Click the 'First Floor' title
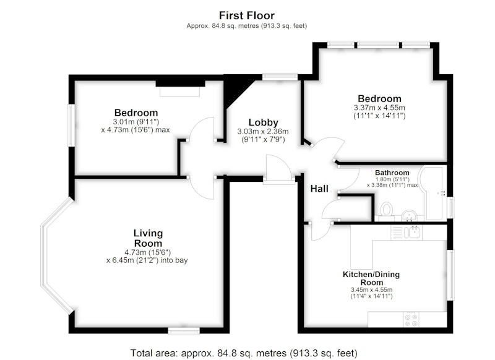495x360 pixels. coord(246,15)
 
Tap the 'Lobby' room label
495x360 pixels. coord(264,122)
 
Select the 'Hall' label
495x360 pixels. coord(319,189)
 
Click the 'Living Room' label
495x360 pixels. coord(148,238)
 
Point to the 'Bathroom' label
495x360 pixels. coord(392,173)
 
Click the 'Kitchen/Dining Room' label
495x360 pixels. coord(371,278)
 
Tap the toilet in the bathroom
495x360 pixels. coord(386,209)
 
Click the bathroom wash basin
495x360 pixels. coord(409,216)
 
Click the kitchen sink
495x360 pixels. coord(413,232)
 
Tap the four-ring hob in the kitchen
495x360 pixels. coord(411,319)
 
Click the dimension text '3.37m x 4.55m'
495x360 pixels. coord(379,108)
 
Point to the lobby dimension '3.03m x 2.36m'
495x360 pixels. coord(263,131)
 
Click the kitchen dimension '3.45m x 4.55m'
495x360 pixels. coord(371,289)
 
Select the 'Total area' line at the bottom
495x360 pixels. coord(244,353)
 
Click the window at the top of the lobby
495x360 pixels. coord(280,76)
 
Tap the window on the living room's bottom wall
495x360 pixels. coord(184,331)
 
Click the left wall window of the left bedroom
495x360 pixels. coord(72,126)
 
